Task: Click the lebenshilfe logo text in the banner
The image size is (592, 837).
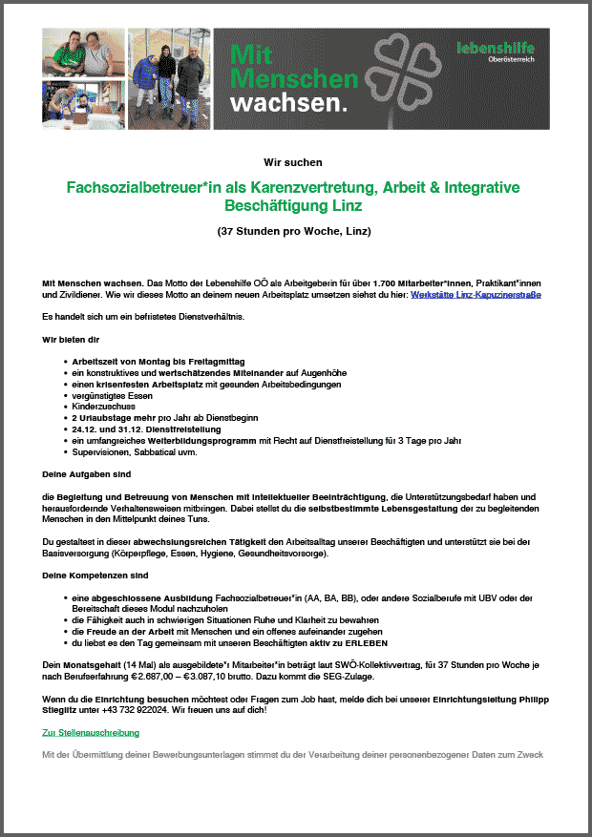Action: [496, 48]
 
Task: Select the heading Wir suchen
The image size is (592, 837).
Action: [293, 162]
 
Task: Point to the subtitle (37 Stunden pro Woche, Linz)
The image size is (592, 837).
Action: [294, 232]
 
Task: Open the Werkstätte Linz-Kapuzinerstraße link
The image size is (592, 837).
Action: [476, 296]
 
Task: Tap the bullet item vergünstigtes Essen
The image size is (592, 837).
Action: [112, 395]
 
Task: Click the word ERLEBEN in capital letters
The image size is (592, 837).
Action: [363, 643]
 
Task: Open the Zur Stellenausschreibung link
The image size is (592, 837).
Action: [91, 733]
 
